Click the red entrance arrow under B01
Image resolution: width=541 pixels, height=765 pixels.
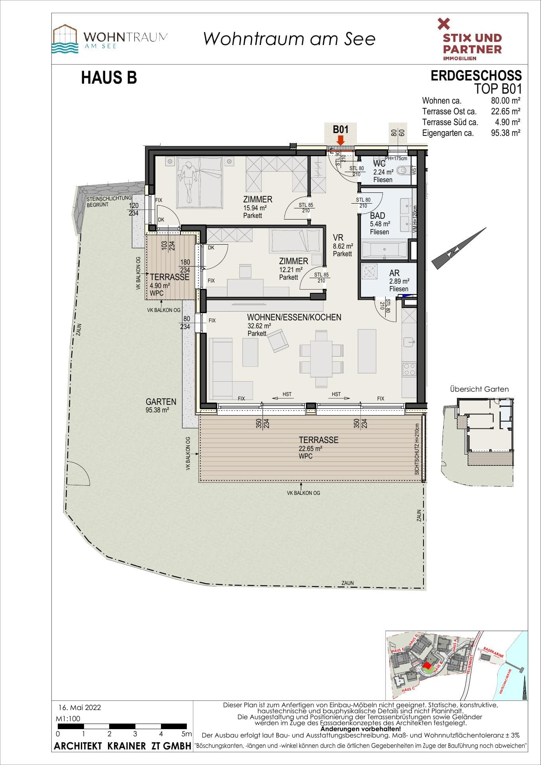coord(340,140)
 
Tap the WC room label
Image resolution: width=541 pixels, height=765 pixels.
coord(379,164)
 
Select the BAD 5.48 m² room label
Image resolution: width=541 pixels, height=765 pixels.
coord(378,216)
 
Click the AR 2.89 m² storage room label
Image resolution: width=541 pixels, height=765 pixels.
coord(394,273)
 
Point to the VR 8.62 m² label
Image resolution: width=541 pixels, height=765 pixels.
coord(338,238)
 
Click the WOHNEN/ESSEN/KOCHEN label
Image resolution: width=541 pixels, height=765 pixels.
coord(294,318)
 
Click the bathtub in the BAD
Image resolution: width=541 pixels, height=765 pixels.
coord(384,250)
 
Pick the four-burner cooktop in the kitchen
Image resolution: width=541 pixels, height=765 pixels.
coord(410,369)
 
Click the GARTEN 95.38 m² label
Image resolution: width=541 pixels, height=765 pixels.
coord(161,402)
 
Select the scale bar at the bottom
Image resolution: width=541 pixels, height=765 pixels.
coord(122,726)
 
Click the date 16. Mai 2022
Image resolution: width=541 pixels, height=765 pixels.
coord(80,708)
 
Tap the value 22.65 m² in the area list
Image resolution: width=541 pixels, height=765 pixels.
coord(505,112)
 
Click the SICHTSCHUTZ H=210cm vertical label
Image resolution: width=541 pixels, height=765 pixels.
coord(417,449)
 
